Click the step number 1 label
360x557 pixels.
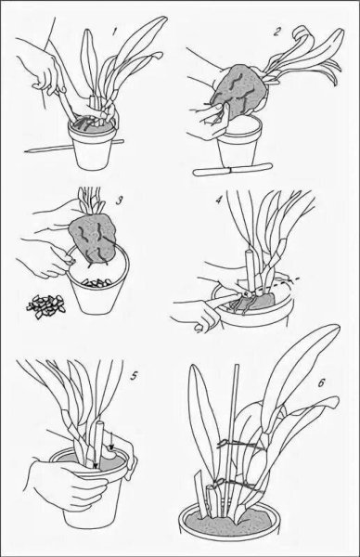[114, 32]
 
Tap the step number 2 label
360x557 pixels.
[276, 32]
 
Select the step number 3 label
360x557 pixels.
[120, 201]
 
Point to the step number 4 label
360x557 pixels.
[219, 201]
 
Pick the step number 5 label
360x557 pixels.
[134, 376]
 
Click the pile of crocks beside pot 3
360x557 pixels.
[46, 305]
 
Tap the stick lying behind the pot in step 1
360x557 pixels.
[74, 147]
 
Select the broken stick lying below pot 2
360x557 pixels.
[232, 169]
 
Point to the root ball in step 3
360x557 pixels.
[94, 240]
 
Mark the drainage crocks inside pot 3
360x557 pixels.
[96, 283]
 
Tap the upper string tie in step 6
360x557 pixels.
[242, 445]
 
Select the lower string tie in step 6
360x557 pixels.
[238, 484]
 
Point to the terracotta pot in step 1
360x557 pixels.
[94, 144]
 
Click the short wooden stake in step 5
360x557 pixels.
[97, 444]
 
